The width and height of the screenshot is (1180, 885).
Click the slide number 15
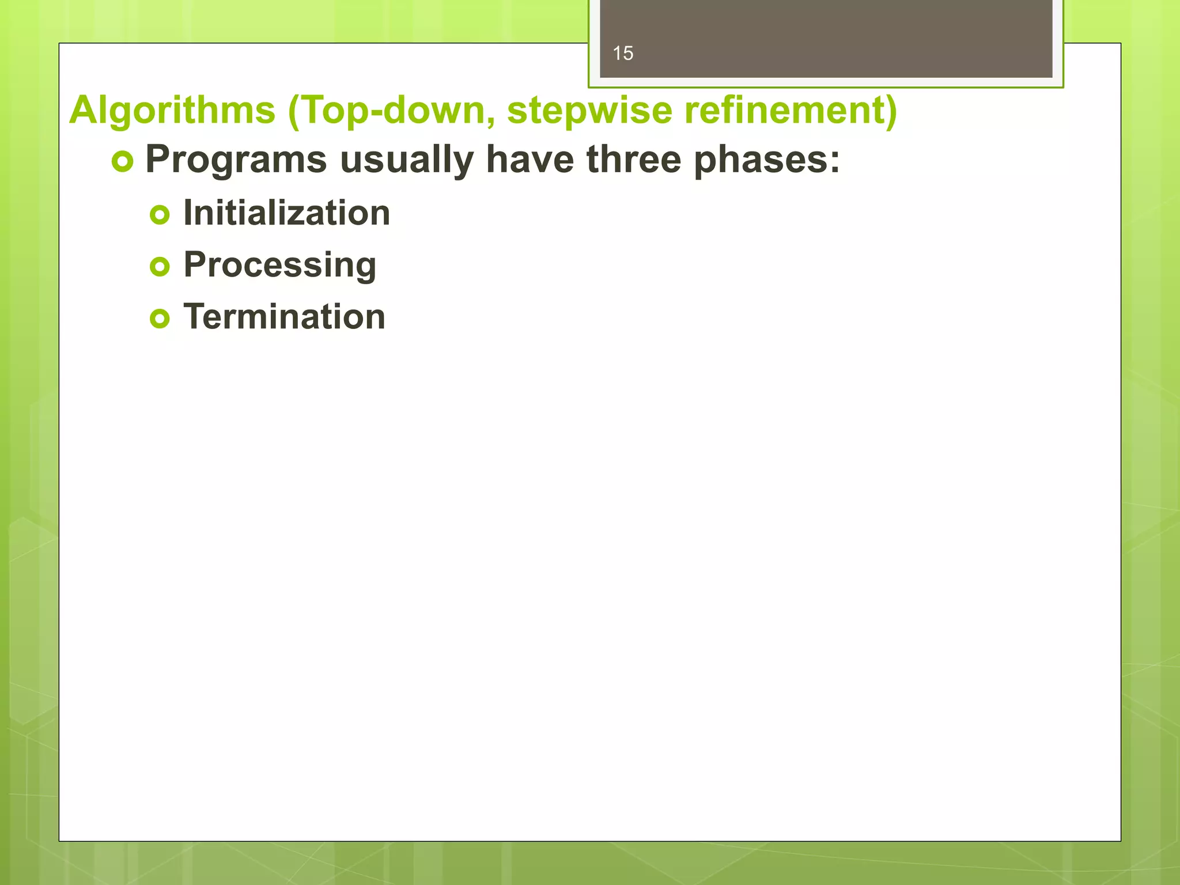click(623, 54)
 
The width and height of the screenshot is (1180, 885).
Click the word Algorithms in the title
click(172, 110)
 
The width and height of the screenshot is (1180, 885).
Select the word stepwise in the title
click(589, 110)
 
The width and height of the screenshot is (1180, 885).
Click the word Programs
click(236, 160)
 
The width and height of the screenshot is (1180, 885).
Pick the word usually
click(407, 160)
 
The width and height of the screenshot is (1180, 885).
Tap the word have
click(530, 160)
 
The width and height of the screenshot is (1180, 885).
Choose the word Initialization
click(286, 213)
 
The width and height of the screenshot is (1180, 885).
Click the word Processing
click(279, 265)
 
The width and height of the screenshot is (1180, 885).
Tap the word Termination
click(284, 317)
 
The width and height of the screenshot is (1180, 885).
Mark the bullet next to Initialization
click(160, 215)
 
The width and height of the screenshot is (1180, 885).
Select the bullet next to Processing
click(160, 267)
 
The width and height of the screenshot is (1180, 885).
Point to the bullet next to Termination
click(160, 319)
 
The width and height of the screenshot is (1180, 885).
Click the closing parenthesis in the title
click(890, 110)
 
